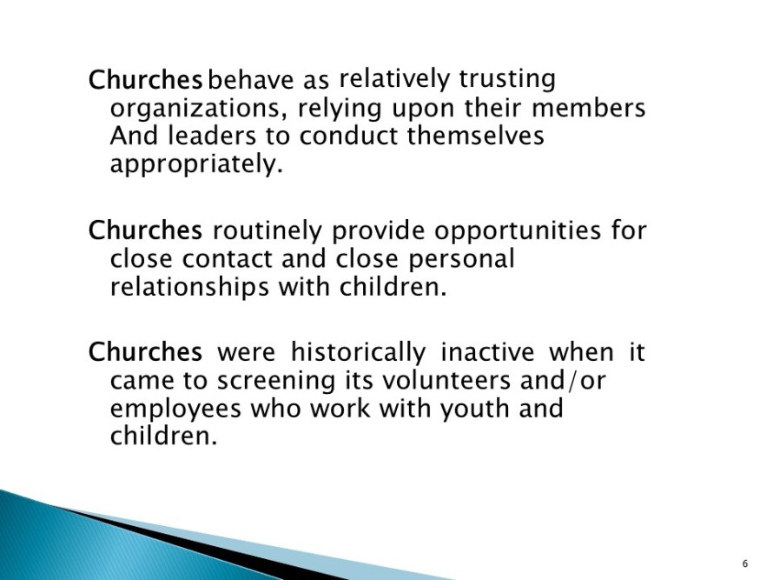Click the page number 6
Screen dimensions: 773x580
point(745,563)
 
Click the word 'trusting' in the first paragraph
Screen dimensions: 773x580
point(506,79)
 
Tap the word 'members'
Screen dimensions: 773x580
point(589,108)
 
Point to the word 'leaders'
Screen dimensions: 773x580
point(212,136)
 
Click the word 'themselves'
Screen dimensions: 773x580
point(476,136)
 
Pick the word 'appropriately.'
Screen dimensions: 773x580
point(196,164)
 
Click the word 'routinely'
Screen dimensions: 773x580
point(267,231)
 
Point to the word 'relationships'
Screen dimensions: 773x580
point(189,287)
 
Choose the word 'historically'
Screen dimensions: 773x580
point(358,353)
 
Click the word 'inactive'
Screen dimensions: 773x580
point(487,352)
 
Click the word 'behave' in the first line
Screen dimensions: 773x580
point(250,80)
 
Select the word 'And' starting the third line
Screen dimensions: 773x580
point(134,136)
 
